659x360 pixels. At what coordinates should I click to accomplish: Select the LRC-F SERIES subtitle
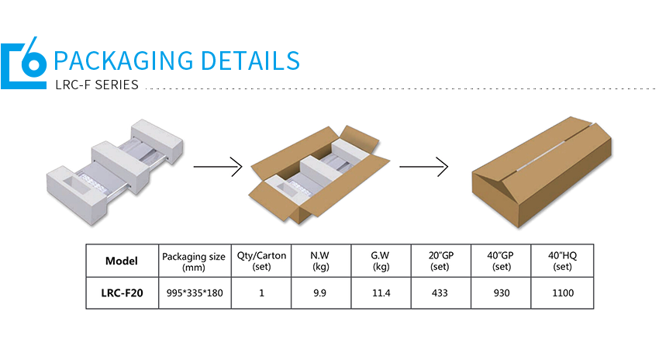(97, 85)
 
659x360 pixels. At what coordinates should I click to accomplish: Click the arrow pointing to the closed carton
(423, 166)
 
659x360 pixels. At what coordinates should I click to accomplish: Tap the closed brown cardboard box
(541, 175)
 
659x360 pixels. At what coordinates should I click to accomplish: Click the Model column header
(122, 261)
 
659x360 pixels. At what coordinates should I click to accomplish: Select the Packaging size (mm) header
(194, 261)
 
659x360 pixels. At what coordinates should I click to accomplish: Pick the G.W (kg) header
(381, 261)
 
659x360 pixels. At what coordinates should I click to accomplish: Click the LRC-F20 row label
(122, 293)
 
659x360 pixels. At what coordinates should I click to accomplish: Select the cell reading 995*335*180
(194, 293)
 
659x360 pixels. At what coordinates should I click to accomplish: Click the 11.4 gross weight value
(381, 293)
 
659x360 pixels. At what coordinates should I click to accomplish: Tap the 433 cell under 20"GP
(441, 293)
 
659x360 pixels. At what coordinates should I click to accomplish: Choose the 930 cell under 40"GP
(502, 293)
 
